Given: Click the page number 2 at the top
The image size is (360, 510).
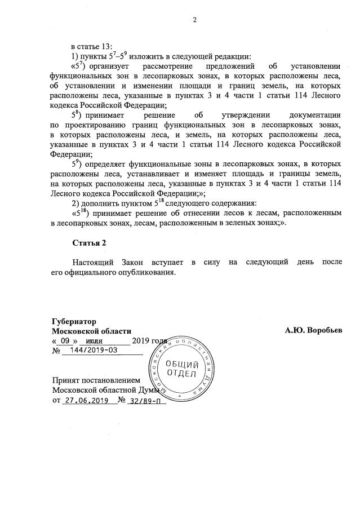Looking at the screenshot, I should (x=194, y=21).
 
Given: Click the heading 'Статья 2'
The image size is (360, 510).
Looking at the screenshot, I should (x=89, y=243).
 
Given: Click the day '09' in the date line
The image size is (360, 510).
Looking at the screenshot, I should (x=65, y=341).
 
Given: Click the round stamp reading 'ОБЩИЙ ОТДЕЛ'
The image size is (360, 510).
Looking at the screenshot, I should (x=181, y=370).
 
